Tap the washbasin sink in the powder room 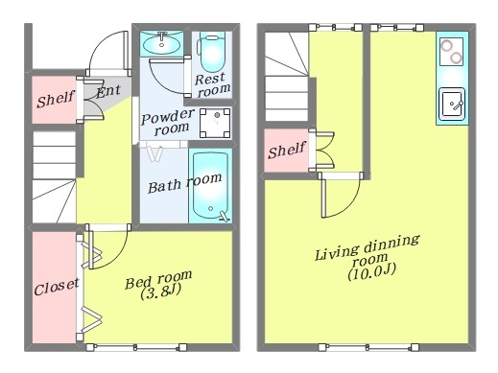162,43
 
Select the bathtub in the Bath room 210,186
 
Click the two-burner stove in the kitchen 452,52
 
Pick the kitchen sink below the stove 452,104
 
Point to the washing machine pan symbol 215,123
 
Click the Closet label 57,288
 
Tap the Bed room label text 158,280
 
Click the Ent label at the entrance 108,91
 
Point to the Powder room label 168,123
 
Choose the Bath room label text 185,183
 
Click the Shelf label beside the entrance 56,99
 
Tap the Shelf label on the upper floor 287,150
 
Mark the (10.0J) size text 372,272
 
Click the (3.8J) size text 161,291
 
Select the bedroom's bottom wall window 136,347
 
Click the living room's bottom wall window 368,347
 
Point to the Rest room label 212,84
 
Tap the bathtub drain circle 210,208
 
